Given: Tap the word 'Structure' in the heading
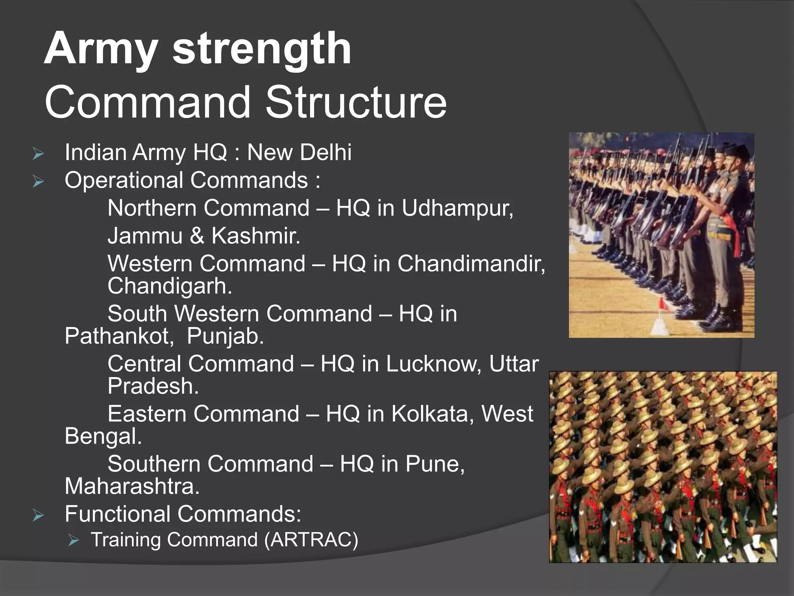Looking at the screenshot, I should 356,102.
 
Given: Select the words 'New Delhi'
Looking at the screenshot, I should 299,152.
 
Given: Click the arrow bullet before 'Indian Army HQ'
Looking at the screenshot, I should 38,154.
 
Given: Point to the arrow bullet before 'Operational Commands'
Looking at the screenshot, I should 38,182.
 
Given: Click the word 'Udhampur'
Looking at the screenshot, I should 456,209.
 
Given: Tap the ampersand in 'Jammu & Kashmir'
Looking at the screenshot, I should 197,236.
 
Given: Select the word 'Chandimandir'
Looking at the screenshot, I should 470,264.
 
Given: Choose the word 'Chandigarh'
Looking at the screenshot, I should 169,286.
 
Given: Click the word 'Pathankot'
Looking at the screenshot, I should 119,336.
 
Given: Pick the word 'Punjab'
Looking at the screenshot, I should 224,336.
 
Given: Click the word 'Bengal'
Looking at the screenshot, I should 102,436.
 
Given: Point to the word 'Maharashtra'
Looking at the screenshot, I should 131,486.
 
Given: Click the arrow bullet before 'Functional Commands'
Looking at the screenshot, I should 38,516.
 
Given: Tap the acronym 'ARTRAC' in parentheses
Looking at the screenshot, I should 311,540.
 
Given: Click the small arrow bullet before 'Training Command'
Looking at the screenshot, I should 73,540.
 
